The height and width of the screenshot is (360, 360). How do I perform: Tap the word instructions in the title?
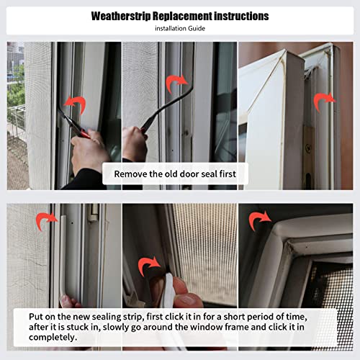[x=241, y=16]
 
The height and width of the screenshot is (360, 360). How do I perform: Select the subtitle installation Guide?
[x=179, y=28]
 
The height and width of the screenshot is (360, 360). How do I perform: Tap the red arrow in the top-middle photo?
[x=176, y=84]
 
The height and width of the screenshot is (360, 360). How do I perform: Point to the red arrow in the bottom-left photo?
[x=47, y=220]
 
